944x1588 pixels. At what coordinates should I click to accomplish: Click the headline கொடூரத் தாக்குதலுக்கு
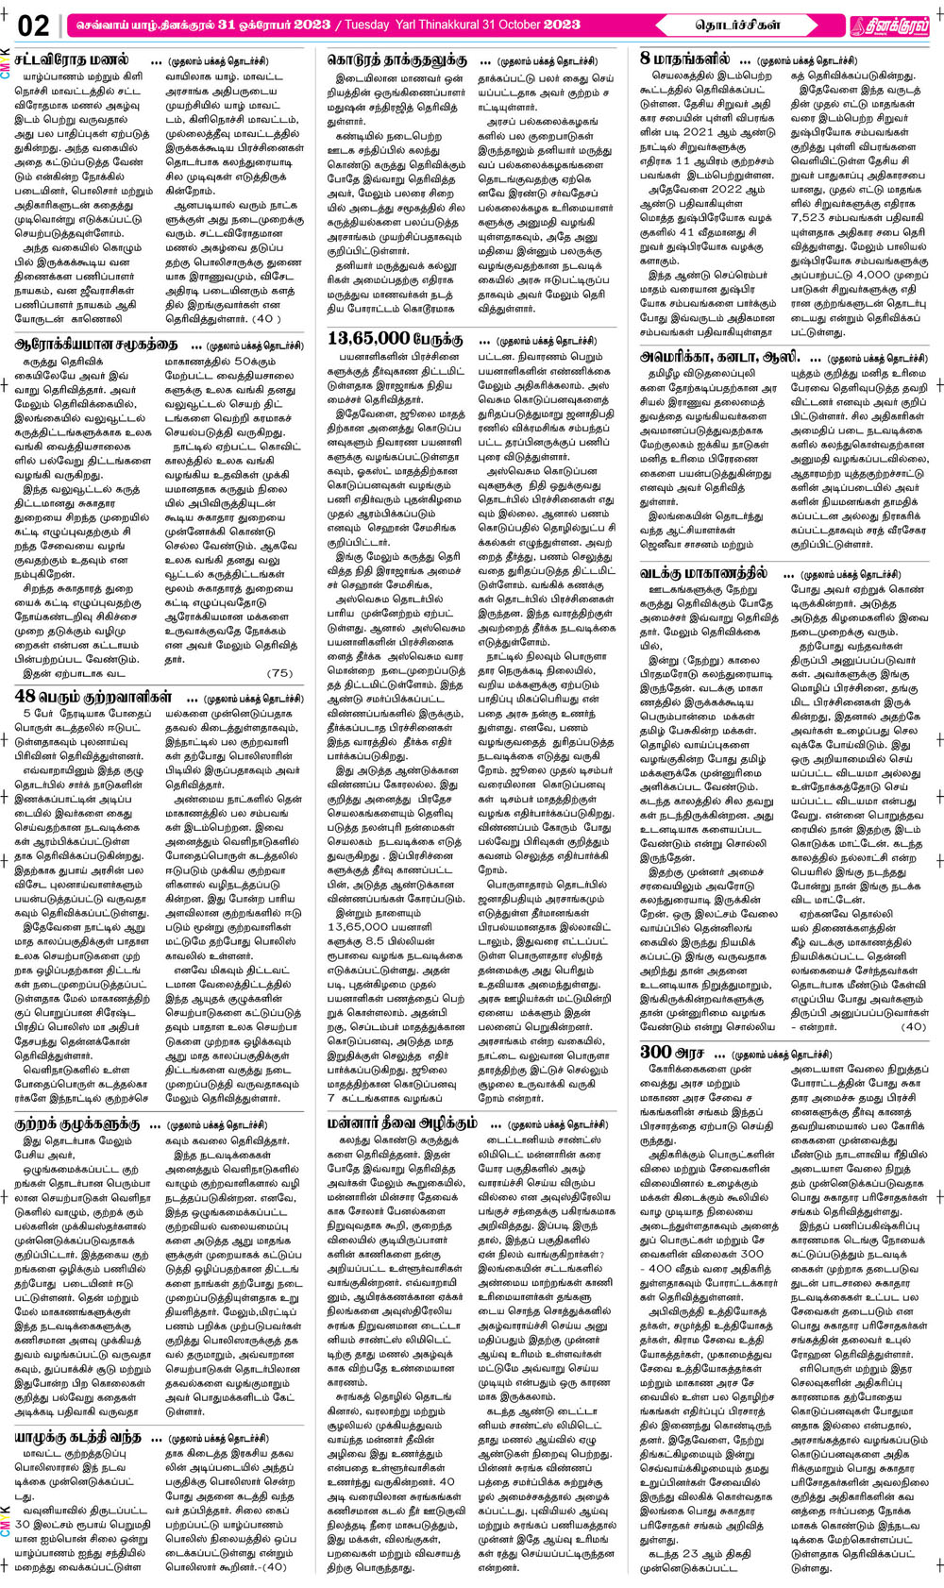[x=396, y=59]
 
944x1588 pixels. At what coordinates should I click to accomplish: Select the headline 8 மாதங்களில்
[x=684, y=59]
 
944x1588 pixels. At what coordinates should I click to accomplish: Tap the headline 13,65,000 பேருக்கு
[x=396, y=338]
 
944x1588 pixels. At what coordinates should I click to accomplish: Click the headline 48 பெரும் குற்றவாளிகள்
[x=93, y=697]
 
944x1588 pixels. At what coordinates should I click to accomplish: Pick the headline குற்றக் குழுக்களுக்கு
[x=77, y=1124]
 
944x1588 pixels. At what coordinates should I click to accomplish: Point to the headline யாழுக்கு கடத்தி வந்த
[x=77, y=1437]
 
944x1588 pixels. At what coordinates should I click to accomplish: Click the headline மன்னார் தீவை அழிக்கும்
[x=402, y=1123]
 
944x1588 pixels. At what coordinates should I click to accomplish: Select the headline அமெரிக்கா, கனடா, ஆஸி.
[x=719, y=358]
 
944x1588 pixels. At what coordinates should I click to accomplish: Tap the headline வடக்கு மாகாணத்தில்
[x=704, y=573]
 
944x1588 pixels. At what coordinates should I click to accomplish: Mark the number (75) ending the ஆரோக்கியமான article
[x=280, y=673]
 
